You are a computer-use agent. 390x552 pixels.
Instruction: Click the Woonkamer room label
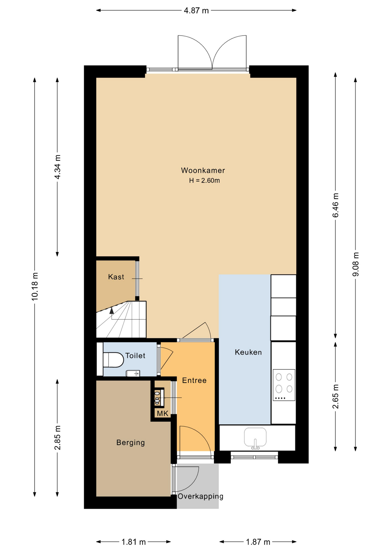click(203, 170)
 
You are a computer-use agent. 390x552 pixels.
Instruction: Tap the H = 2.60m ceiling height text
click(204, 181)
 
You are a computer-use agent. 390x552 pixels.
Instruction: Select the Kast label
click(116, 277)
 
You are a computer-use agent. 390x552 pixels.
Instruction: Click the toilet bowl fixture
click(113, 360)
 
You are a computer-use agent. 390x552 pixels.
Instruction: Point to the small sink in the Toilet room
click(133, 373)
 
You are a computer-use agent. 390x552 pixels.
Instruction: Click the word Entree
click(194, 380)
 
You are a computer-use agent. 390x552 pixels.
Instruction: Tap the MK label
click(162, 414)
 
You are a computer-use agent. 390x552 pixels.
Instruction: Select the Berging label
click(130, 442)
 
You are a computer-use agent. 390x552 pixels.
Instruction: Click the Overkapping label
click(200, 496)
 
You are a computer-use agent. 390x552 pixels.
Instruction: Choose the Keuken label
click(248, 352)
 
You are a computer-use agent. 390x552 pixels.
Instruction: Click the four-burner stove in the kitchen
click(284, 385)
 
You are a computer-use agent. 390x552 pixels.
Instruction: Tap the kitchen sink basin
click(255, 437)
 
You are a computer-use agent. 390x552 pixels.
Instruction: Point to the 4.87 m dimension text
click(196, 11)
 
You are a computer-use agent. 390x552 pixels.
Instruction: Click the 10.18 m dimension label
click(35, 287)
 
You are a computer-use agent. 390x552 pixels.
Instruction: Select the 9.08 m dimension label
click(356, 264)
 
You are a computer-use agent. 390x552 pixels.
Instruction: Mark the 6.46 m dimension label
click(335, 205)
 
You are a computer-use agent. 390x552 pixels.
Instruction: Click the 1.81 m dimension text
click(134, 542)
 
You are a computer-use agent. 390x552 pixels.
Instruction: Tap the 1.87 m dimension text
click(258, 542)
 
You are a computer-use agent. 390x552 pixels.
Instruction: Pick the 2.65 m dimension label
click(335, 396)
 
